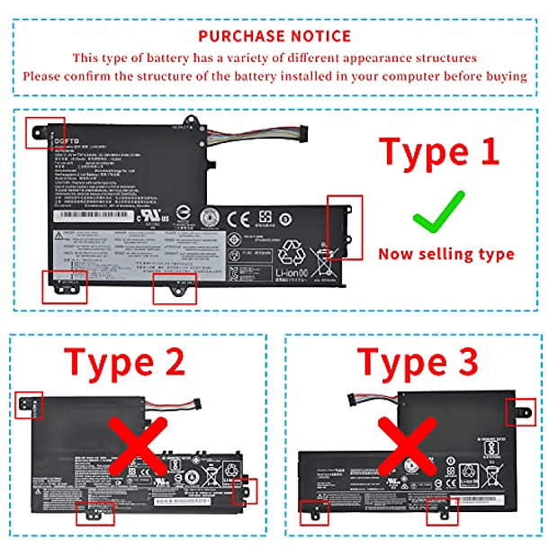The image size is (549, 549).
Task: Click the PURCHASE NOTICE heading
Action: click(274, 36)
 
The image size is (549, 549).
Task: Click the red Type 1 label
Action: click(438, 150)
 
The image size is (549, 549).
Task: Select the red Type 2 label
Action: click(126, 362)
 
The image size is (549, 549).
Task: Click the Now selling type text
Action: click(445, 254)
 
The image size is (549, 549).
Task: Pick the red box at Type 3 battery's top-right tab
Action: click(521, 411)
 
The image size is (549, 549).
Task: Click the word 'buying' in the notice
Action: click(504, 76)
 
